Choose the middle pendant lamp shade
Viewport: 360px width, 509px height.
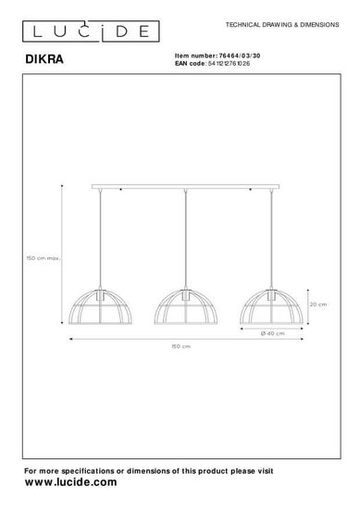tap(189, 308)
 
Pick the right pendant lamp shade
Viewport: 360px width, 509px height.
tap(276, 308)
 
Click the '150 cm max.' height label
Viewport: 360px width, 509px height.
tap(43, 260)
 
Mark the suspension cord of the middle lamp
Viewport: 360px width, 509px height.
tap(189, 241)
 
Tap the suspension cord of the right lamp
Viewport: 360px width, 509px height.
tap(276, 241)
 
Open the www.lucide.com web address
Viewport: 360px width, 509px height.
tap(70, 482)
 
